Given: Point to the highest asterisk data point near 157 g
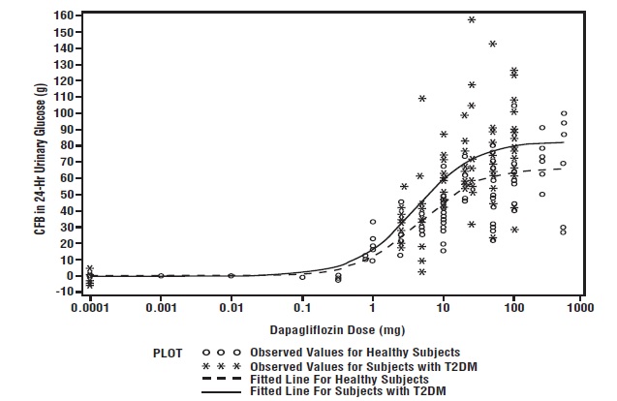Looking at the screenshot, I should point(472,19).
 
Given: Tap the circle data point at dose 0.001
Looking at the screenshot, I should point(161,275).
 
